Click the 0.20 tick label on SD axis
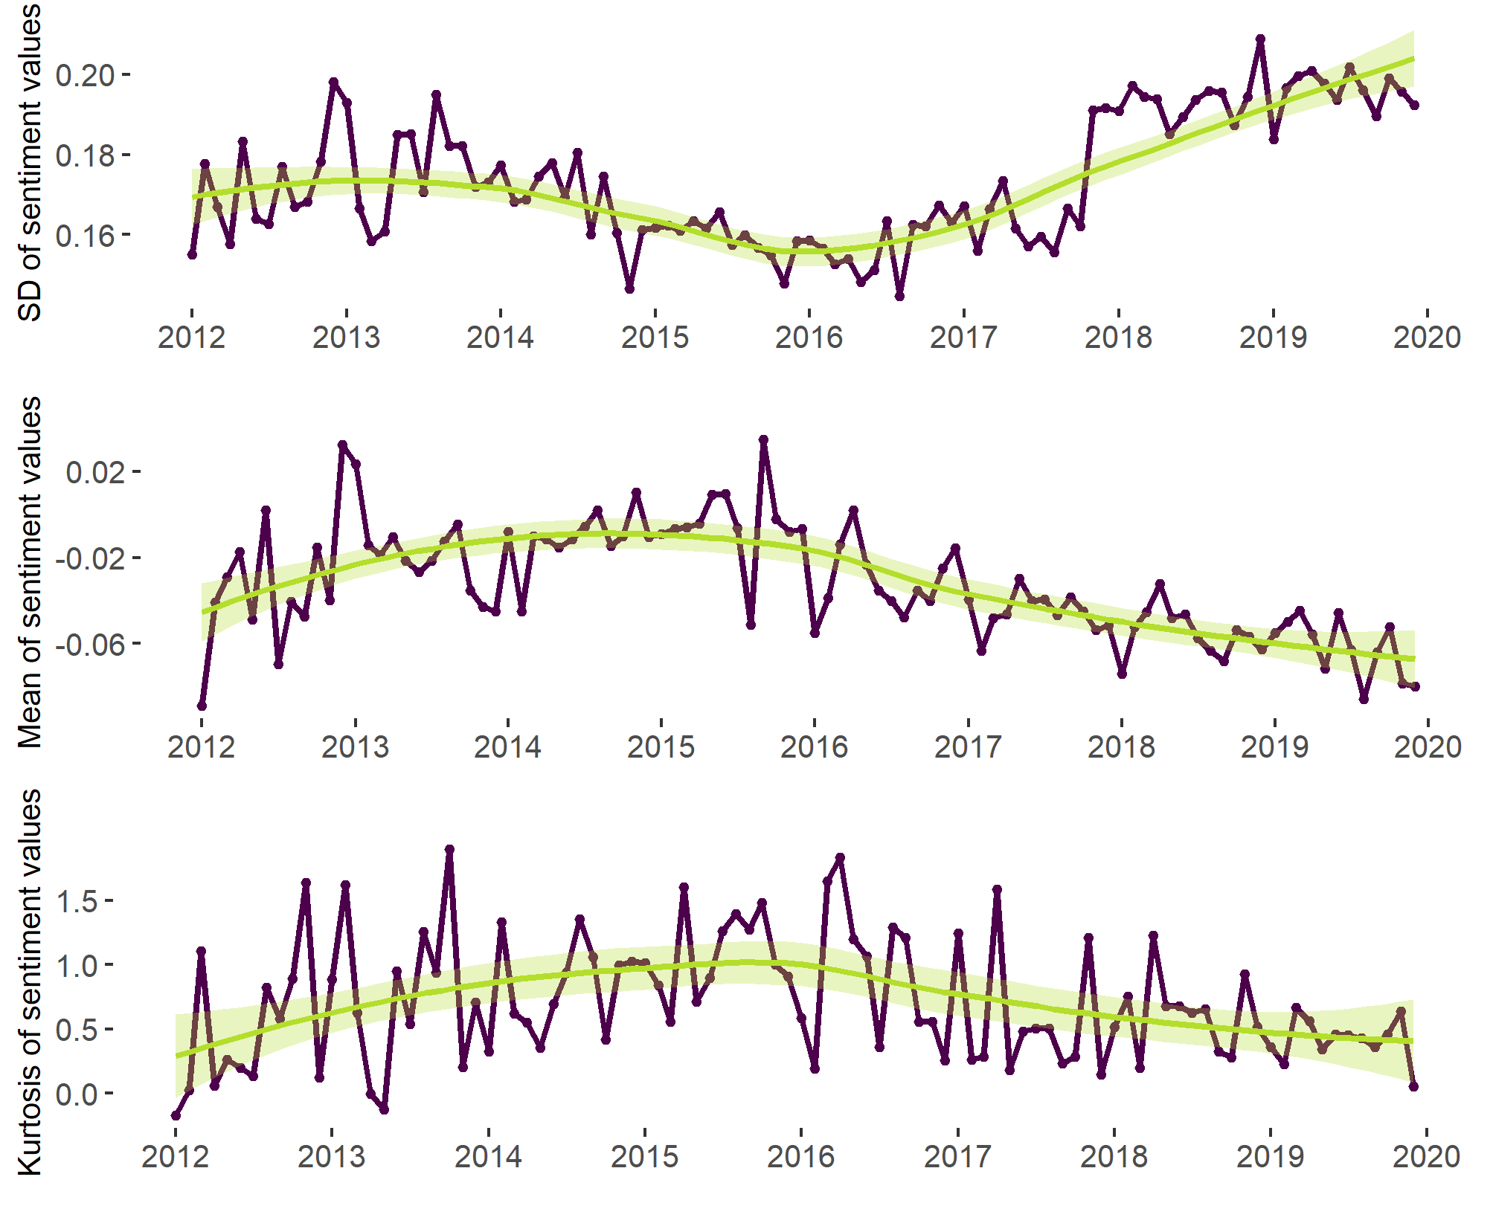85,75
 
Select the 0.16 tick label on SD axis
85,236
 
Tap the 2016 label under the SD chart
809,338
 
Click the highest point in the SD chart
1260,39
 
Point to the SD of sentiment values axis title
30,161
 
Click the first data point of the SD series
192,254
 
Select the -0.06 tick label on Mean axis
89,644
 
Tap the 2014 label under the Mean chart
507,746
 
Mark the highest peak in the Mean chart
763,440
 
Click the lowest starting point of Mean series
202,706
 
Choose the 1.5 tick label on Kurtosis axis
77,901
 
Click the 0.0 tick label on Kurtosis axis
77,1094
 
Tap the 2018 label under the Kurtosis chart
1114,1156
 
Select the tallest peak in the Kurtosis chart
449,849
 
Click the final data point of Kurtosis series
1413,1086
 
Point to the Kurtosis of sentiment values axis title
30,981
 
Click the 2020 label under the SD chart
1427,338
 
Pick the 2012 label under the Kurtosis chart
176,1156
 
